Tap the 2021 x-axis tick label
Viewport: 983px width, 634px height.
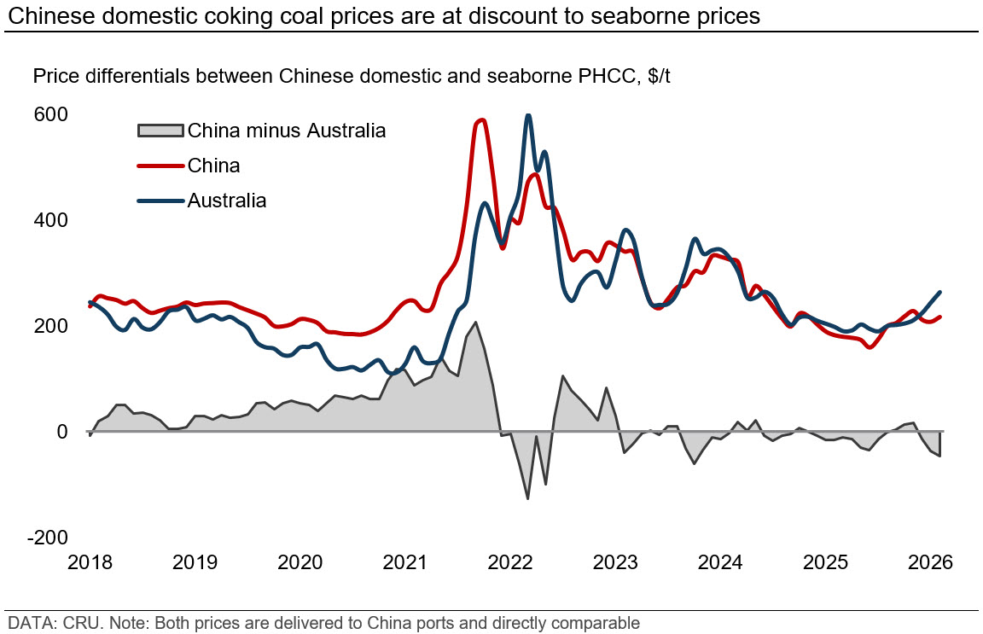coord(406,562)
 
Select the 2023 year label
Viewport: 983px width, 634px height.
coord(615,562)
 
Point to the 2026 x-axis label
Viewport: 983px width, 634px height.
coord(930,562)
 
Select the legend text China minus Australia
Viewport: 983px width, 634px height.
coord(287,131)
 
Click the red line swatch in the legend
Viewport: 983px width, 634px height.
coord(160,166)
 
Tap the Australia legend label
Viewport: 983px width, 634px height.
coord(227,201)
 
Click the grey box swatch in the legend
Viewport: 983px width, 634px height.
coord(160,131)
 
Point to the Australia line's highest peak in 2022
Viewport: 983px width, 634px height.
coord(528,115)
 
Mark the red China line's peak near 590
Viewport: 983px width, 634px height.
coord(482,119)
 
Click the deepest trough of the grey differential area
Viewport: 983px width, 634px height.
coord(528,498)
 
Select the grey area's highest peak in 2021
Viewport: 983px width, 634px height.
coord(475,323)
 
